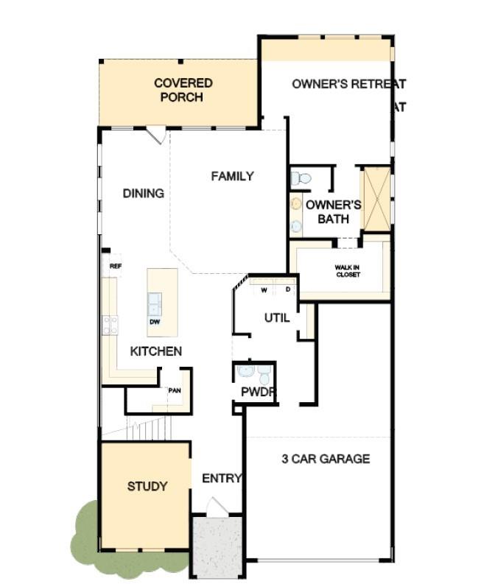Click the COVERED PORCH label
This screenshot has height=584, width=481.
(183, 90)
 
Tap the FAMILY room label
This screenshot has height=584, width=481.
(232, 176)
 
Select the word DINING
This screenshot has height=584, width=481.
(143, 193)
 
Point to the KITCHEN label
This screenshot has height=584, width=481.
(155, 351)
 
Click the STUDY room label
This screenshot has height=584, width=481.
(147, 486)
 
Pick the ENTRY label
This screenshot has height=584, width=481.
(222, 478)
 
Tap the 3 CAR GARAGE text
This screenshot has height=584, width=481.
(326, 459)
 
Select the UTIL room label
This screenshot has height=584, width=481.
(277, 317)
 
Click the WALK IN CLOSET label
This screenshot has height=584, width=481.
(348, 271)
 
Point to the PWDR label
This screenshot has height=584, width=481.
(258, 393)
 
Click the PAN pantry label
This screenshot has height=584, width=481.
(175, 390)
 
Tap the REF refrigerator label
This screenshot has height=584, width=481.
(115, 266)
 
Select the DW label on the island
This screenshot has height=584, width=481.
(155, 321)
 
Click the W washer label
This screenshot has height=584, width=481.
(263, 290)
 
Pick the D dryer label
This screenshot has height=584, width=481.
(288, 290)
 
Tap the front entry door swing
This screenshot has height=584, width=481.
(217, 507)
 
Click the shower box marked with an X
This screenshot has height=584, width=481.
(376, 199)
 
